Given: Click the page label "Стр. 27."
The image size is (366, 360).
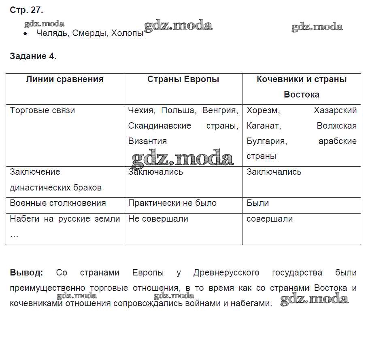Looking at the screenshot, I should [26, 10].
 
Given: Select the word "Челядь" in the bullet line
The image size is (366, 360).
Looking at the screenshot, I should [52, 34].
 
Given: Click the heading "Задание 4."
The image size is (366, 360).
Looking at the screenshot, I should [33, 56].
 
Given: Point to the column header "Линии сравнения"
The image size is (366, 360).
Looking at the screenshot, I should [65, 79].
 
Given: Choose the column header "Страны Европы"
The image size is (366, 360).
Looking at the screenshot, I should [183, 79].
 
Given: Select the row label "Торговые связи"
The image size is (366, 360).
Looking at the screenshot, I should [43, 110].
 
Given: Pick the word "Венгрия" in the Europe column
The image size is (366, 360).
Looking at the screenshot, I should [220, 110].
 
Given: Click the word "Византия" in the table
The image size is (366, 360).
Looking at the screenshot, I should [147, 141].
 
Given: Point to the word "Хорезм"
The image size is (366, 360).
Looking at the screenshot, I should [264, 110].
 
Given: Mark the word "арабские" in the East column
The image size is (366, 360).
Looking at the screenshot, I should [338, 141].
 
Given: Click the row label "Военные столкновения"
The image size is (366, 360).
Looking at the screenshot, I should [58, 203].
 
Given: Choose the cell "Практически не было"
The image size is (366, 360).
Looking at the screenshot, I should [172, 203].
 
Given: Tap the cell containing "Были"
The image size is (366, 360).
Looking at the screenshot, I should [258, 203].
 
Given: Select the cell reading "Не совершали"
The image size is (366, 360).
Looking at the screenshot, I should [158, 219].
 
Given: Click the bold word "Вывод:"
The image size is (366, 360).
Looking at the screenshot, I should [26, 273].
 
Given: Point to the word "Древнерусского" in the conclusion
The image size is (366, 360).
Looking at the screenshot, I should [226, 273].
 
